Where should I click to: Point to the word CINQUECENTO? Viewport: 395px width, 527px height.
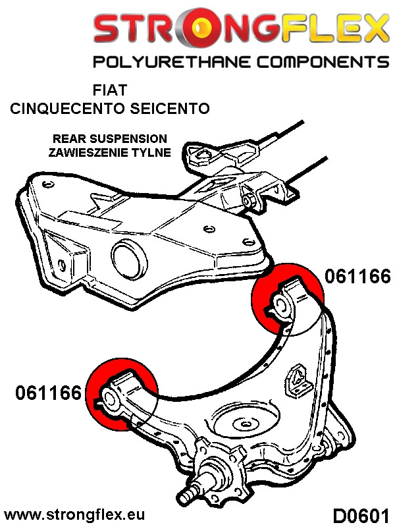(69, 109)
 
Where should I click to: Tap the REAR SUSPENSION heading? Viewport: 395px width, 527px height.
(109, 139)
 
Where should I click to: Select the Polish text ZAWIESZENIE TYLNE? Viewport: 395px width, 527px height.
(109, 152)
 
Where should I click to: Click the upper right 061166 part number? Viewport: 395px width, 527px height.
(357, 277)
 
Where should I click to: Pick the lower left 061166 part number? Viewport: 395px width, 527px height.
(48, 394)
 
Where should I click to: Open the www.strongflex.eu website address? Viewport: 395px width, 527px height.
(74, 514)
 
